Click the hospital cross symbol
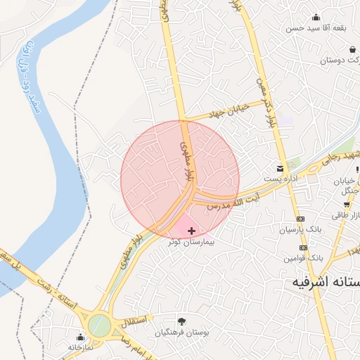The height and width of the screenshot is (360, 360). pyautogui.click(x=191, y=231)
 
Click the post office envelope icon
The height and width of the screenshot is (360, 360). pyautogui.click(x=281, y=169)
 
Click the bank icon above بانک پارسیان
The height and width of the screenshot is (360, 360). pyautogui.click(x=300, y=219)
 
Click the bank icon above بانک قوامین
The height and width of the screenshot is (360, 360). pyautogui.click(x=303, y=247)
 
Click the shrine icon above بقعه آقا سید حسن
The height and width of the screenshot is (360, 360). pyautogui.click(x=316, y=18)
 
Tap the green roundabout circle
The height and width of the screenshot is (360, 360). pyautogui.click(x=99, y=326)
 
